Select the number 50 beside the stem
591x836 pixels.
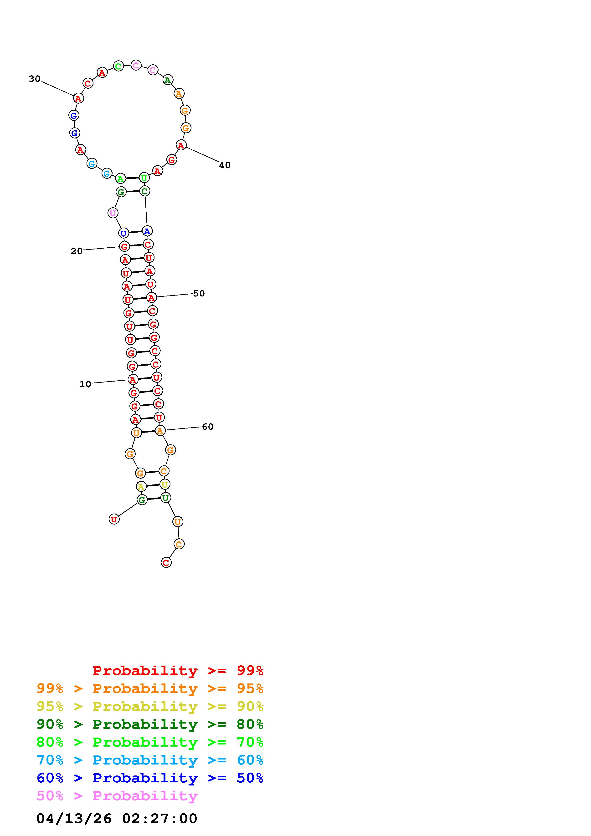[x=199, y=293]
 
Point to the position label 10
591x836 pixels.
[x=85, y=384]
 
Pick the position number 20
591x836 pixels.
[x=77, y=251]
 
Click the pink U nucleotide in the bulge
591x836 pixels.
[x=113, y=213]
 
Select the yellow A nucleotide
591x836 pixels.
[x=141, y=486]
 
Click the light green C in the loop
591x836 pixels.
[x=118, y=66]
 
